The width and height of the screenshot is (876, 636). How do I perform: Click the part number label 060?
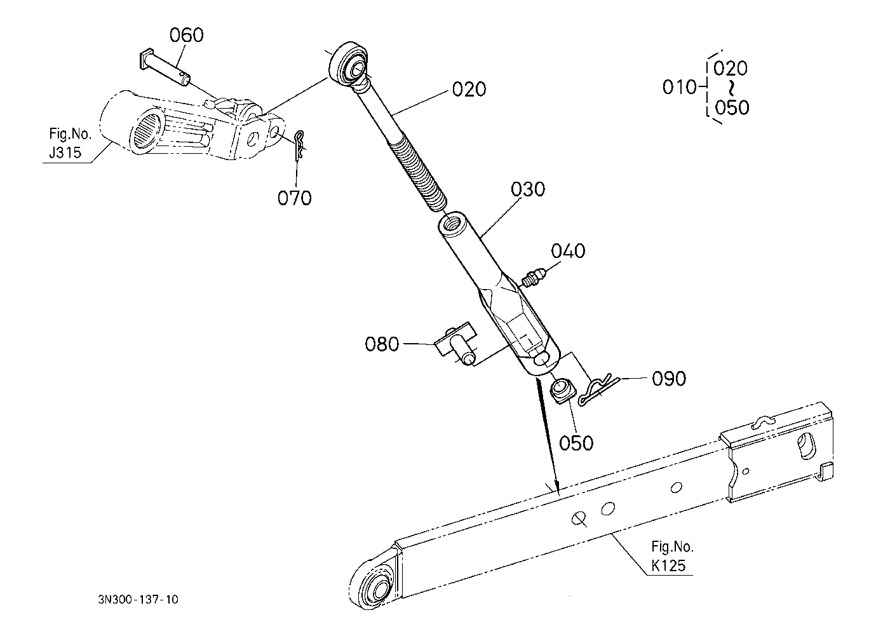tap(187, 35)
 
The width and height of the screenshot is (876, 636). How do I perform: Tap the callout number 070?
tap(294, 198)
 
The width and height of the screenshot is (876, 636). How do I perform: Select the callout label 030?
tap(527, 189)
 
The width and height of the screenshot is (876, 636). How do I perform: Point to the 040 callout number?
tap(568, 251)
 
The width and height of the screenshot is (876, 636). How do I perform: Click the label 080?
tap(382, 344)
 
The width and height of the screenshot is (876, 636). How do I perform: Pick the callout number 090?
tap(668, 379)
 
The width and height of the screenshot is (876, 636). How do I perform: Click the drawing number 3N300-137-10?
tap(138, 599)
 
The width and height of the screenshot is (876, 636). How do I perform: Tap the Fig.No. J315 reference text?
tap(70, 144)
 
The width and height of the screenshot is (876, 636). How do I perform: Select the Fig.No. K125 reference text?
tap(671, 555)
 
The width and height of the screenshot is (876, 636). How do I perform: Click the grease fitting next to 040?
tap(530, 278)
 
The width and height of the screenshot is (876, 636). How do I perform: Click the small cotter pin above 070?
tap(300, 145)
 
